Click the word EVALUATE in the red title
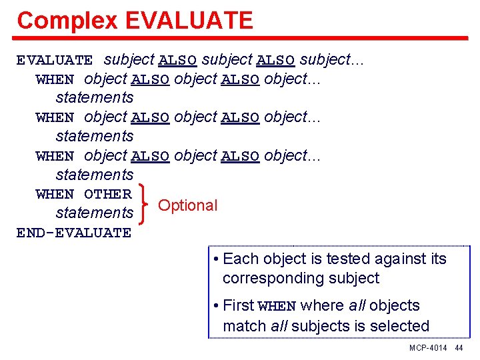(189, 21)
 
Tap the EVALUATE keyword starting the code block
(55, 60)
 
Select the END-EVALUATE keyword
(74, 233)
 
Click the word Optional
(188, 205)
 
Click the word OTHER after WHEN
(108, 195)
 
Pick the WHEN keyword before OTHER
(55, 195)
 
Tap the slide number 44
(459, 349)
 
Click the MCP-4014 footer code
(428, 349)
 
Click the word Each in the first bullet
(238, 259)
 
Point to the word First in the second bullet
(238, 306)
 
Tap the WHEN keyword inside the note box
(277, 307)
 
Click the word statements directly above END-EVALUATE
(95, 213)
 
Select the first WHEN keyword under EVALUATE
(55, 79)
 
